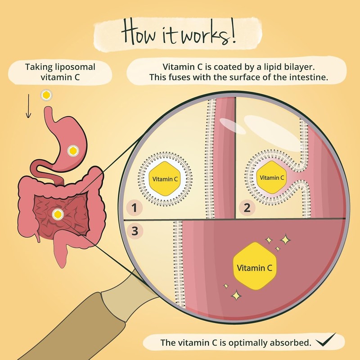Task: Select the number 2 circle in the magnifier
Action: click(x=247, y=207)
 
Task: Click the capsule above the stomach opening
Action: click(x=45, y=95)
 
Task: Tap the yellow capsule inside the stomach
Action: click(x=72, y=151)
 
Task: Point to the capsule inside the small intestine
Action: click(x=57, y=215)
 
